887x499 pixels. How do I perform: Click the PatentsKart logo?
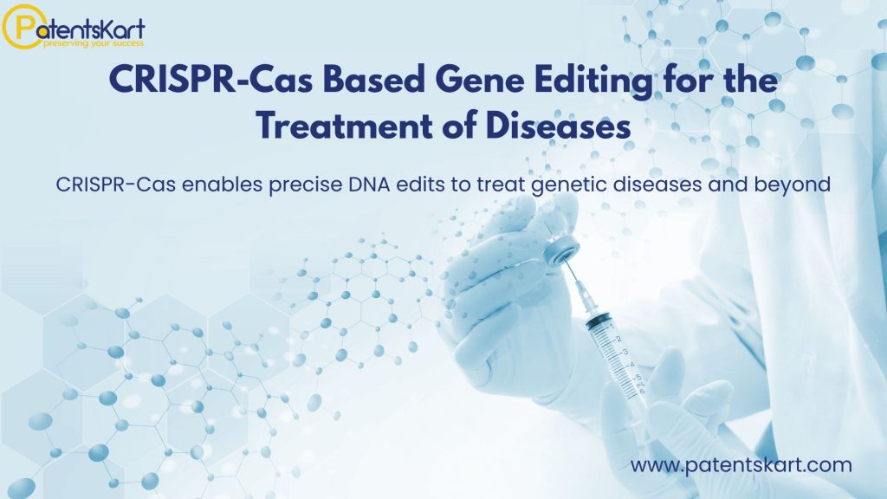[x=74, y=27]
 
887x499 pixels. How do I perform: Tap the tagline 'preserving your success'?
[x=94, y=43]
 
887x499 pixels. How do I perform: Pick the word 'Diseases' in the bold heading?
[x=558, y=125]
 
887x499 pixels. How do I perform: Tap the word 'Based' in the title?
[x=374, y=80]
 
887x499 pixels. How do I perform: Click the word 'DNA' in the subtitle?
[x=369, y=185]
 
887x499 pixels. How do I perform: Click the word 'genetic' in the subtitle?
[x=568, y=185]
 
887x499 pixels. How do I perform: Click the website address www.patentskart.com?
[x=741, y=465]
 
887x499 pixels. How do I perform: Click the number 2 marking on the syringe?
[x=618, y=339]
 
